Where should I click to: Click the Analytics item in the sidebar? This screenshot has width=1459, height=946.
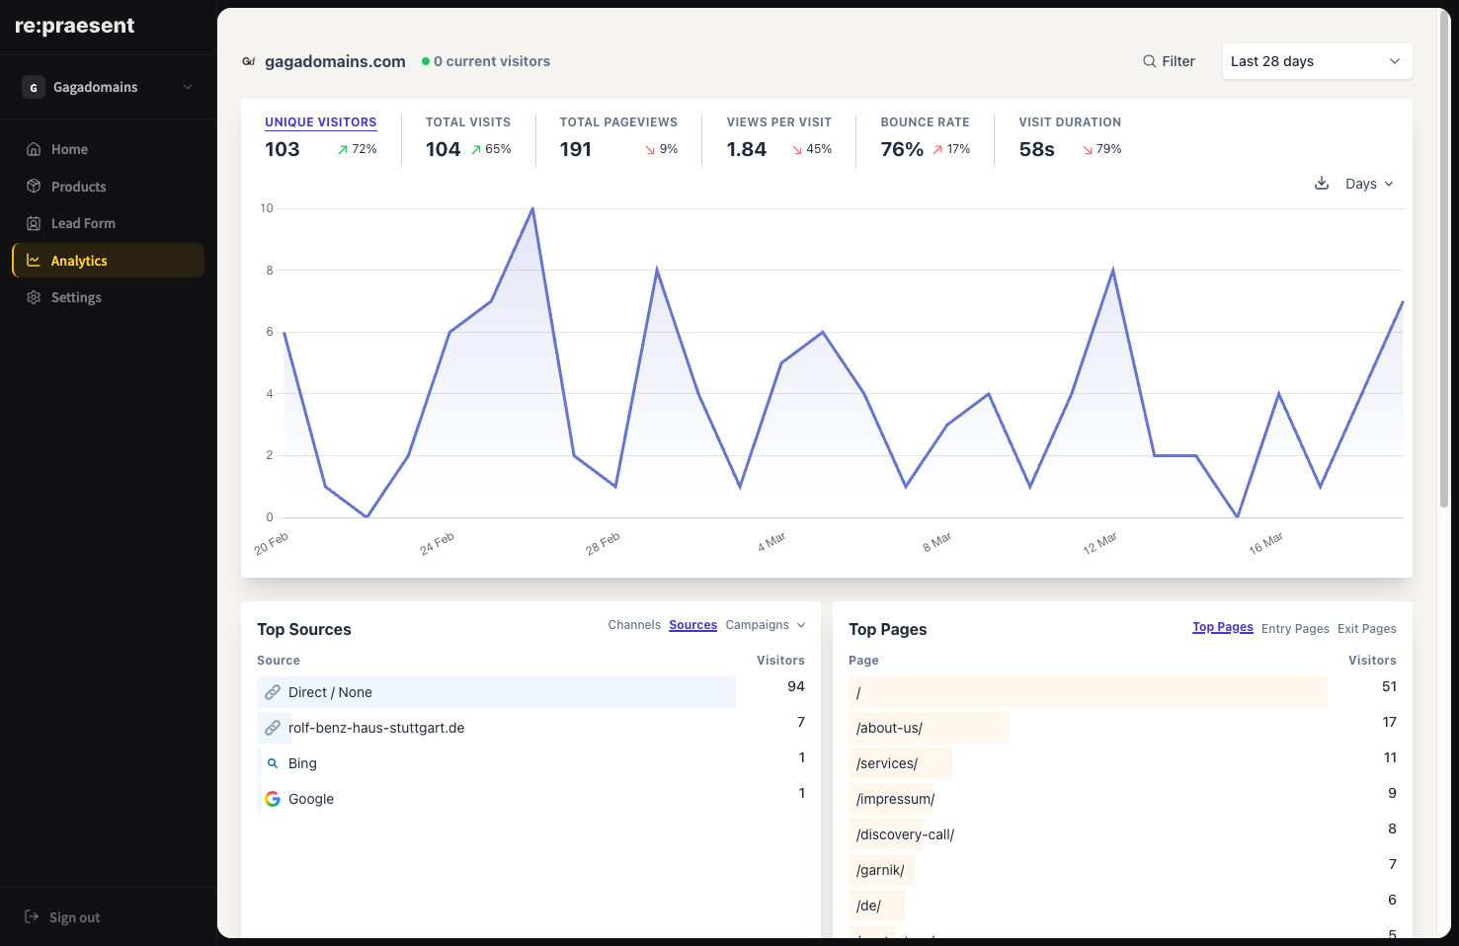click(79, 261)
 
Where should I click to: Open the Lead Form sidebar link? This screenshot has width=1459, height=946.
click(83, 224)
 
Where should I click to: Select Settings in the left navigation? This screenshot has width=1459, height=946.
click(76, 298)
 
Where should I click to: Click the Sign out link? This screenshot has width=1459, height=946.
click(74, 917)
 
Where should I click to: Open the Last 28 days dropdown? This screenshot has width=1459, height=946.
click(1316, 61)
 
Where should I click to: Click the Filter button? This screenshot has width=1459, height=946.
click(1169, 61)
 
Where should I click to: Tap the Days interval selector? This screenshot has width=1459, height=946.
click(1368, 185)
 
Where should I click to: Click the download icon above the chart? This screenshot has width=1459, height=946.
click(1322, 184)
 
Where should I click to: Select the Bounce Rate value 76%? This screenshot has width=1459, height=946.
click(902, 149)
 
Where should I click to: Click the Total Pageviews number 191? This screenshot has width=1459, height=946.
click(576, 149)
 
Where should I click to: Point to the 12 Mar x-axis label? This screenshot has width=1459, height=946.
click(1099, 543)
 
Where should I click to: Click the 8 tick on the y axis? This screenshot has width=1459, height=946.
click(270, 271)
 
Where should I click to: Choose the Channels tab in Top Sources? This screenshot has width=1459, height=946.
click(634, 625)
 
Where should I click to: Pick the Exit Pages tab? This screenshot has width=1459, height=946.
click(1366, 629)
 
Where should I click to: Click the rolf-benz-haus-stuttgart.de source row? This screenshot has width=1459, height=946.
click(376, 728)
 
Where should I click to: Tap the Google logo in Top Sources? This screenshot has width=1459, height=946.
click(273, 799)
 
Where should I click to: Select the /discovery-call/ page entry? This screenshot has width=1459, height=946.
click(905, 834)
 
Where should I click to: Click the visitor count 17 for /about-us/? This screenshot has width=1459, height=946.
click(1389, 722)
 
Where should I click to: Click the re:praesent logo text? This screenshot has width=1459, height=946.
click(75, 26)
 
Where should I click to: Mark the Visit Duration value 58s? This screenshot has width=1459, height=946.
click(1036, 149)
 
